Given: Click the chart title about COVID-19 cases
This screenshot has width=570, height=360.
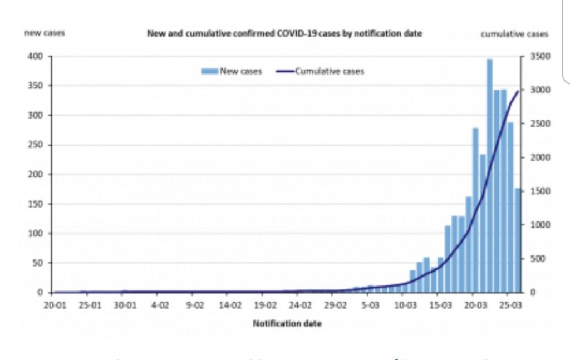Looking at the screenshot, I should [284, 33].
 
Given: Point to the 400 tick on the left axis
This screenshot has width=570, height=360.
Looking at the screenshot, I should [36, 56].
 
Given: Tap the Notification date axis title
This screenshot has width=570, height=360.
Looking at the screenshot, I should [287, 323].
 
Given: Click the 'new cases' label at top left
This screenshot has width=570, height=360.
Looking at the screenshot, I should [45, 33].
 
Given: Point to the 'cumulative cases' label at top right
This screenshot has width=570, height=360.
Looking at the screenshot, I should [514, 33].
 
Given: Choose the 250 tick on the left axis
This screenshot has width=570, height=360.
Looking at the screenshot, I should [36, 145].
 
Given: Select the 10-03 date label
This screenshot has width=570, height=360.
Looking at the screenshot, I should [405, 305].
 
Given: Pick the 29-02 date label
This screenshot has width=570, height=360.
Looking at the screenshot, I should [335, 305].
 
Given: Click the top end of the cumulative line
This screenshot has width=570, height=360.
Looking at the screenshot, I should [518, 91].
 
